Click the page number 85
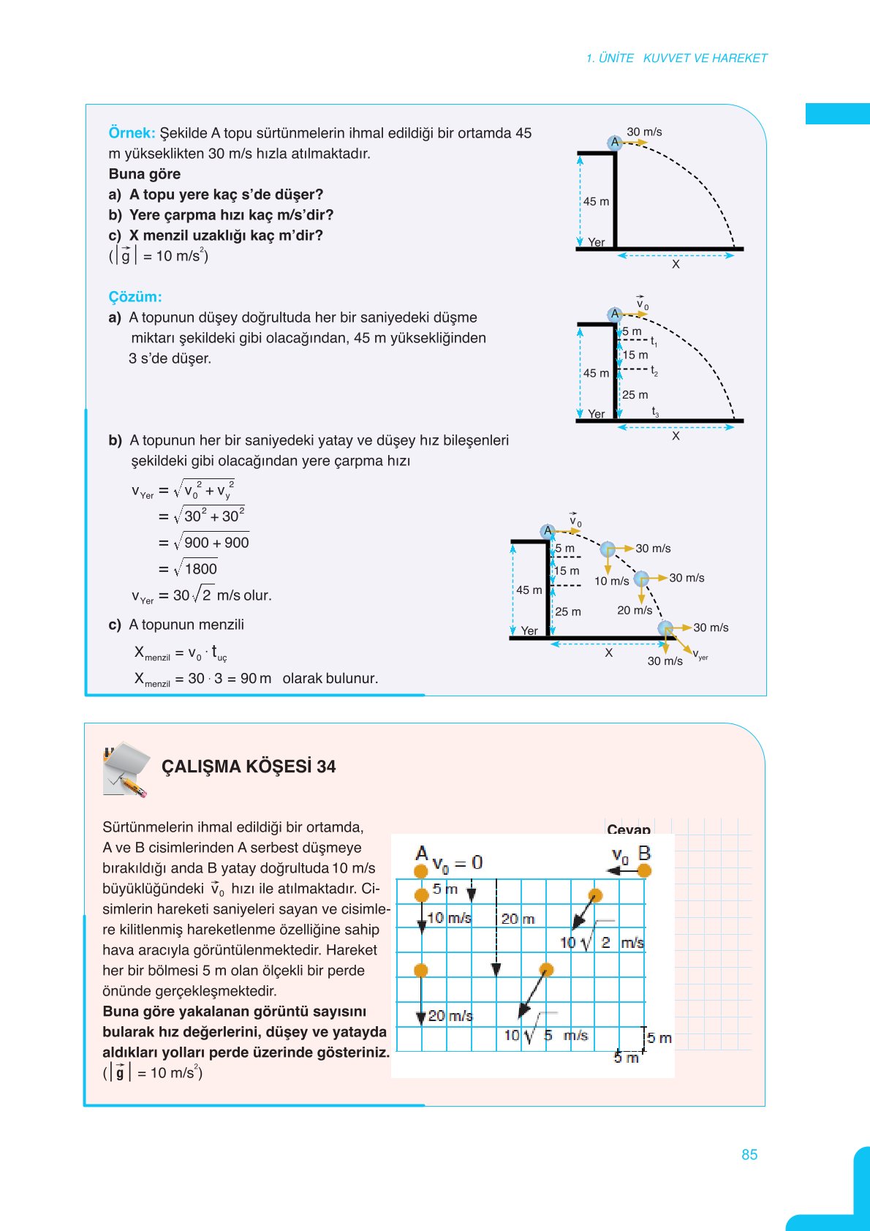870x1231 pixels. click(x=749, y=1154)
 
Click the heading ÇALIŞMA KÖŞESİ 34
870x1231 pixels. click(x=249, y=767)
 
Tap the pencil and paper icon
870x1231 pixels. click(x=126, y=769)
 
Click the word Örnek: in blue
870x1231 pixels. click(x=132, y=133)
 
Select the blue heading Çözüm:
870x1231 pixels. click(x=135, y=297)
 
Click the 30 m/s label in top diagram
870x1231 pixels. click(x=644, y=132)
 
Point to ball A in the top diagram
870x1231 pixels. click(x=614, y=143)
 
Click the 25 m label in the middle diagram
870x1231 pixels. click(x=635, y=395)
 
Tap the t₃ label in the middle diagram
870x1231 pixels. click(x=655, y=412)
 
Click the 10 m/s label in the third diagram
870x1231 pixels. click(x=611, y=581)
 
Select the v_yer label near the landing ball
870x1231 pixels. click(x=700, y=655)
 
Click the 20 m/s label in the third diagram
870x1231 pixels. click(x=635, y=610)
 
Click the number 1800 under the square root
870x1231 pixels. click(x=200, y=569)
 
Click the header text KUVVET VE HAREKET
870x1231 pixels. click(x=705, y=59)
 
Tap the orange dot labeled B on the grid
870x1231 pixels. click(x=644, y=870)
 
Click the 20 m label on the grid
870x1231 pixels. click(x=518, y=919)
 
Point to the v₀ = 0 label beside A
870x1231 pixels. click(x=458, y=863)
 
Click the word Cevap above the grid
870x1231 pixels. click(x=628, y=829)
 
